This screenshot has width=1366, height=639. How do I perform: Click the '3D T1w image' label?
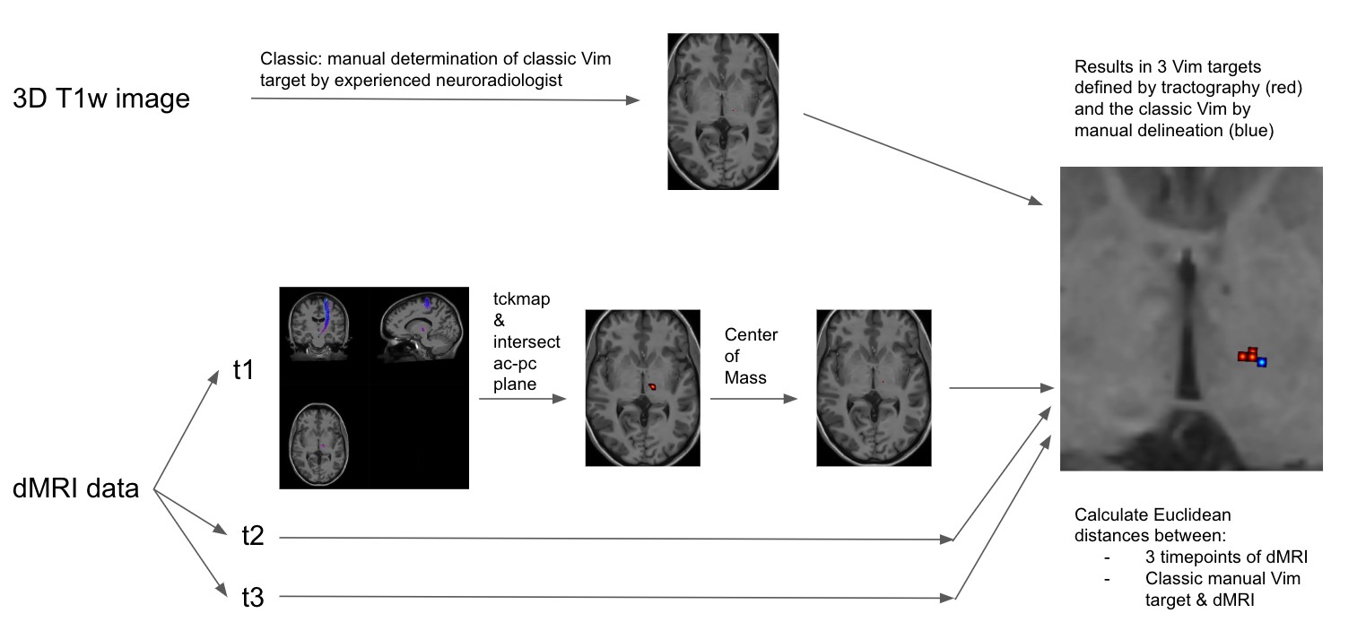(x=101, y=98)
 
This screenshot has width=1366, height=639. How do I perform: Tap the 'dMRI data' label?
(x=76, y=488)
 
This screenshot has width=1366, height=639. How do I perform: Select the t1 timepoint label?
(x=242, y=370)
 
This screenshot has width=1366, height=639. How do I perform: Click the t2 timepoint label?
(x=253, y=537)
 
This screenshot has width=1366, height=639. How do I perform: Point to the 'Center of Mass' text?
(x=752, y=356)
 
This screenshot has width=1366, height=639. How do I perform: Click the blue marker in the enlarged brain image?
(x=1262, y=362)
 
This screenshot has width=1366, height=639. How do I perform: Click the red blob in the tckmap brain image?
(x=653, y=386)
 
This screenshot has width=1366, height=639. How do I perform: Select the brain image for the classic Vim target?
(x=723, y=111)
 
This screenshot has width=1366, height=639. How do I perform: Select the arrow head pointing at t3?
(x=221, y=591)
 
